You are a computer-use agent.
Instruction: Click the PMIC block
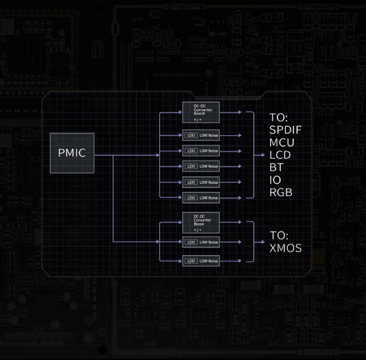tap(72, 153)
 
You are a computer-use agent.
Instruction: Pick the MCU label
tap(282, 142)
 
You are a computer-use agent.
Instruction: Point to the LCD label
tap(281, 155)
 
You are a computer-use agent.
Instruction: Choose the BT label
tap(276, 167)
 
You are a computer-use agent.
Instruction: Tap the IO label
tap(275, 180)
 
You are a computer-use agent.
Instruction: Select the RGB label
tap(281, 193)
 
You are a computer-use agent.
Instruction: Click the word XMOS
tap(285, 248)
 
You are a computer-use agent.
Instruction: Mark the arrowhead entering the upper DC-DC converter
tap(179, 113)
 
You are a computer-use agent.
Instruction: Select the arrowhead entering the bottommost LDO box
tap(179, 261)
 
